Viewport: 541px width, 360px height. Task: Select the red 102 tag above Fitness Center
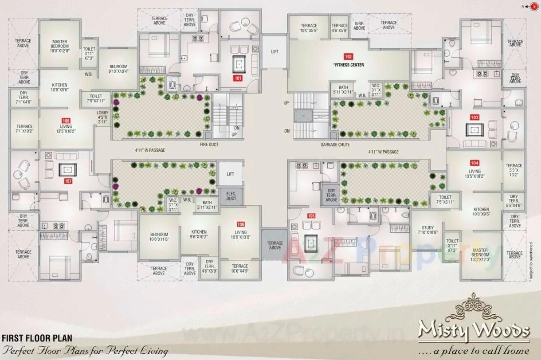pyautogui.click(x=348, y=56)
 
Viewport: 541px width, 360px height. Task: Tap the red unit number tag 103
pyautogui.click(x=474, y=117)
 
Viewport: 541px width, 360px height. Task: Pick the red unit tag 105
pyautogui.click(x=311, y=216)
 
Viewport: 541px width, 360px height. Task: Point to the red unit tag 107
pyautogui.click(x=68, y=181)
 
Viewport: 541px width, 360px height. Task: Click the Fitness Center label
pyautogui.click(x=349, y=65)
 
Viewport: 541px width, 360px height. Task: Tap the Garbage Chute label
pyautogui.click(x=335, y=145)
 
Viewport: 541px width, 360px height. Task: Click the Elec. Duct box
pyautogui.click(x=231, y=196)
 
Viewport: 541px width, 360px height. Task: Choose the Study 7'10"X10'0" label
pyautogui.click(x=427, y=230)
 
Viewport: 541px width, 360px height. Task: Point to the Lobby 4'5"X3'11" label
pyautogui.click(x=102, y=117)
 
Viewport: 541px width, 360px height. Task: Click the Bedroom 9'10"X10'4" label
pyautogui.click(x=118, y=69)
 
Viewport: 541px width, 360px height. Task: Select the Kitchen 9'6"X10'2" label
pyautogui.click(x=199, y=235)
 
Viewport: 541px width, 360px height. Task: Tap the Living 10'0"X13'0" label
pyautogui.click(x=241, y=235)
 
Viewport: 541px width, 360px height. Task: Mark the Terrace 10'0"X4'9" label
pyautogui.click(x=240, y=269)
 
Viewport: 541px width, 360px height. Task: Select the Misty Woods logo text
pyautogui.click(x=474, y=330)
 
